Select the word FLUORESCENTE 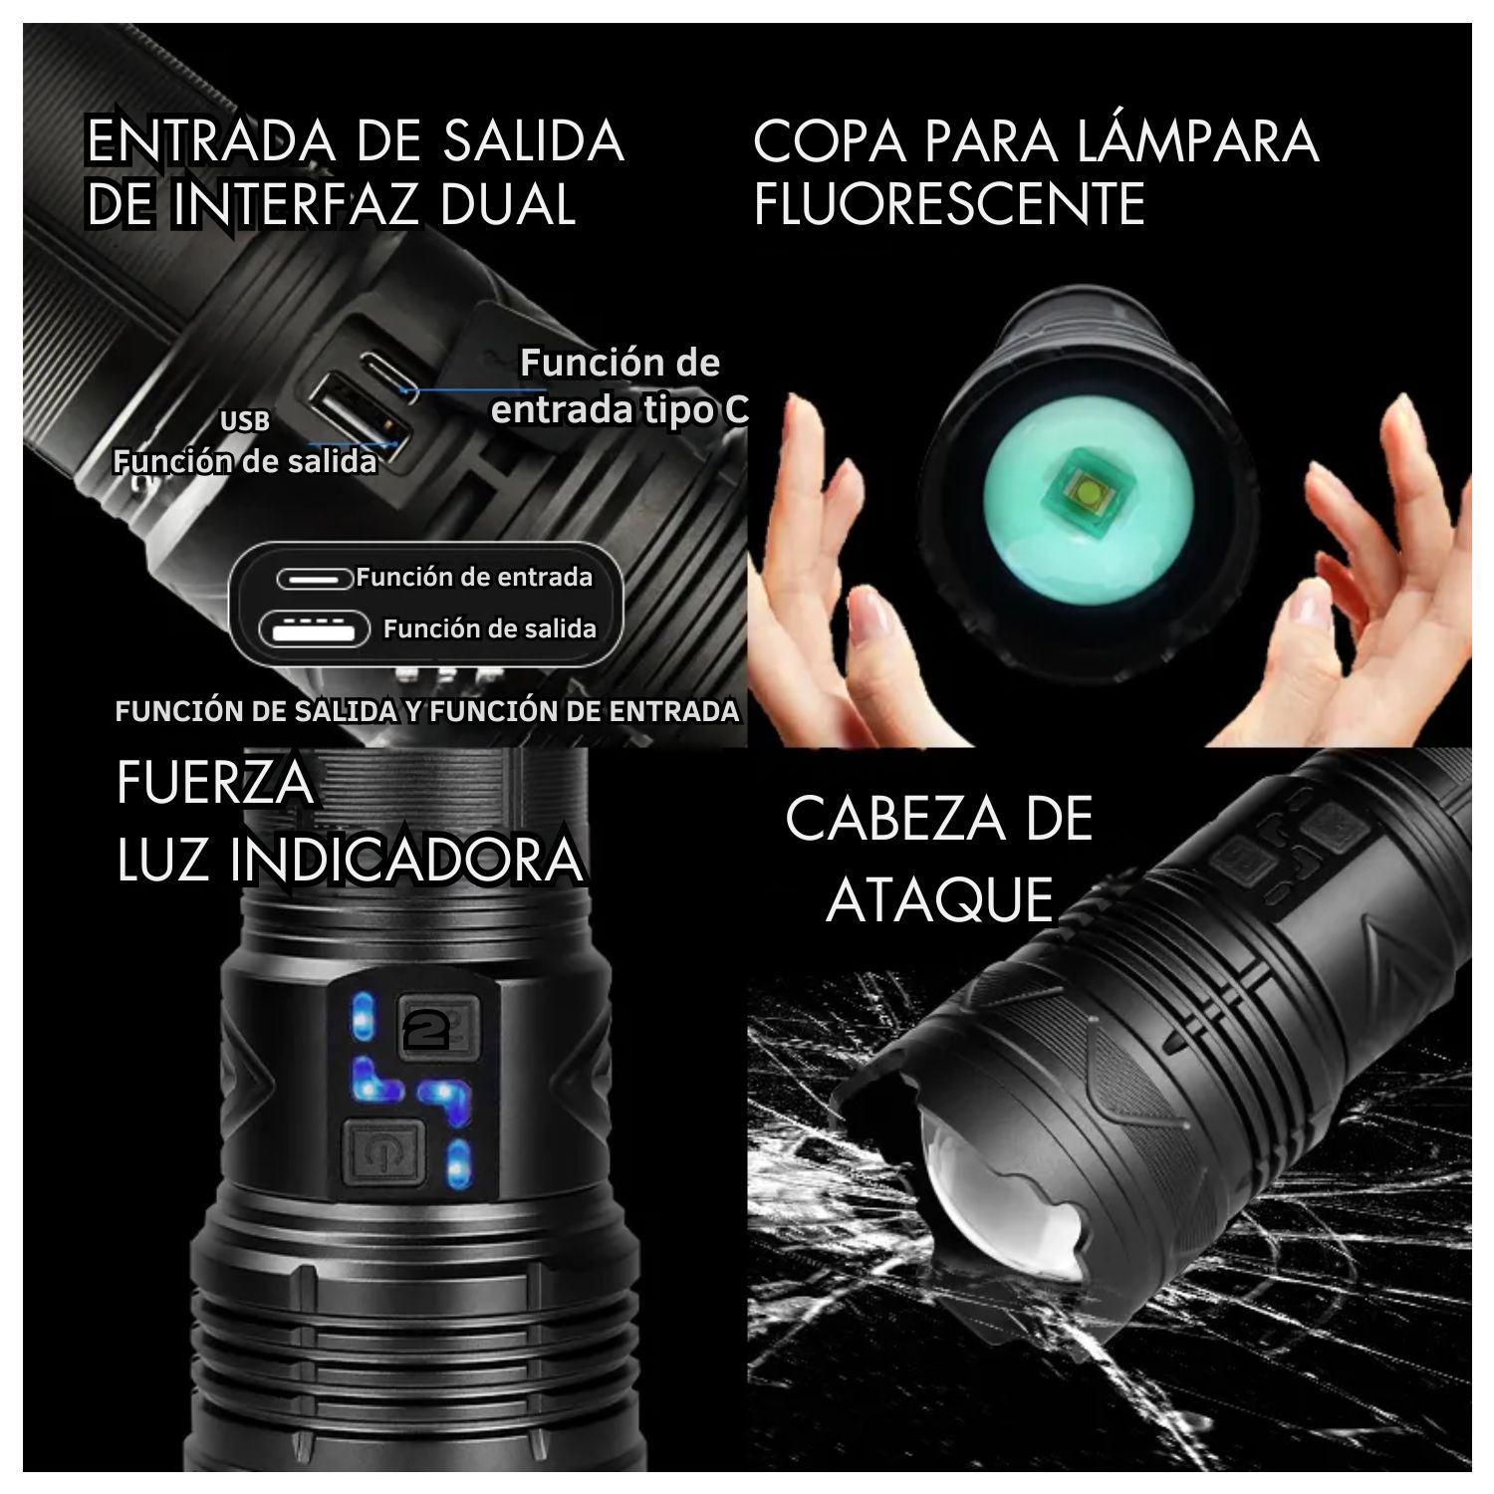pos(949,204)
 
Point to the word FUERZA pos(215,784)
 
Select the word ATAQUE pos(939,899)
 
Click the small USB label pos(245,421)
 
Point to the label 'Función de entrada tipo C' pos(620,385)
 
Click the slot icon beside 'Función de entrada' pos(315,579)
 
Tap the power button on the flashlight pos(384,1153)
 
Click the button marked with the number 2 pos(438,1027)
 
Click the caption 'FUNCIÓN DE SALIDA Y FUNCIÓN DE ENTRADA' pos(427,711)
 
